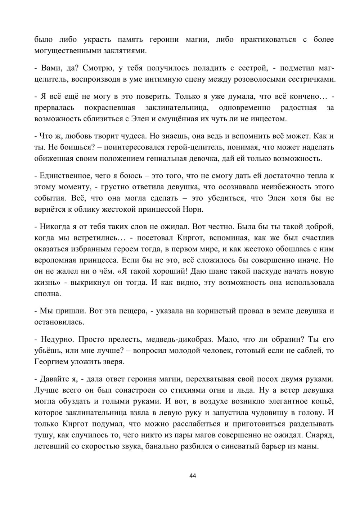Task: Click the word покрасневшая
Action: [110, 108]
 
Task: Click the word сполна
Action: [48, 293]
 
